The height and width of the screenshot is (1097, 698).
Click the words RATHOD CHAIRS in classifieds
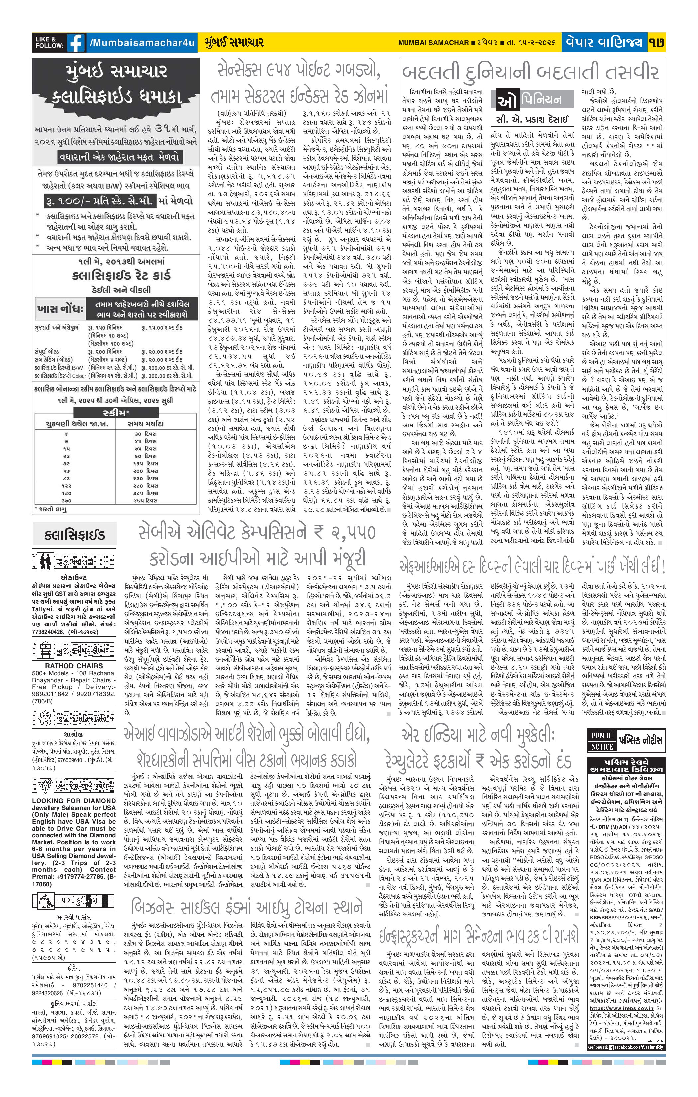[x=67, y=666]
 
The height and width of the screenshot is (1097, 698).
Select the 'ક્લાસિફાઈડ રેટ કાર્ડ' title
[x=115, y=276]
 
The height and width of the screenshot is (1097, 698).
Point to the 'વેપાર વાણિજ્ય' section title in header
[x=606, y=42]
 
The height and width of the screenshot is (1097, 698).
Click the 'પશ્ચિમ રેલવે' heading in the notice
[x=628, y=761]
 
